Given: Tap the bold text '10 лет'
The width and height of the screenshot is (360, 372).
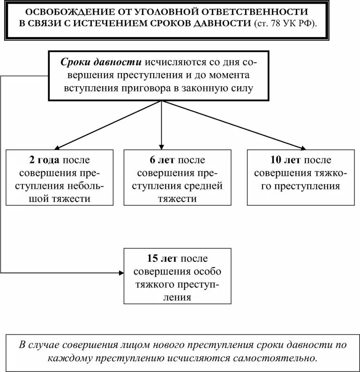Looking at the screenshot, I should click(283, 160).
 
